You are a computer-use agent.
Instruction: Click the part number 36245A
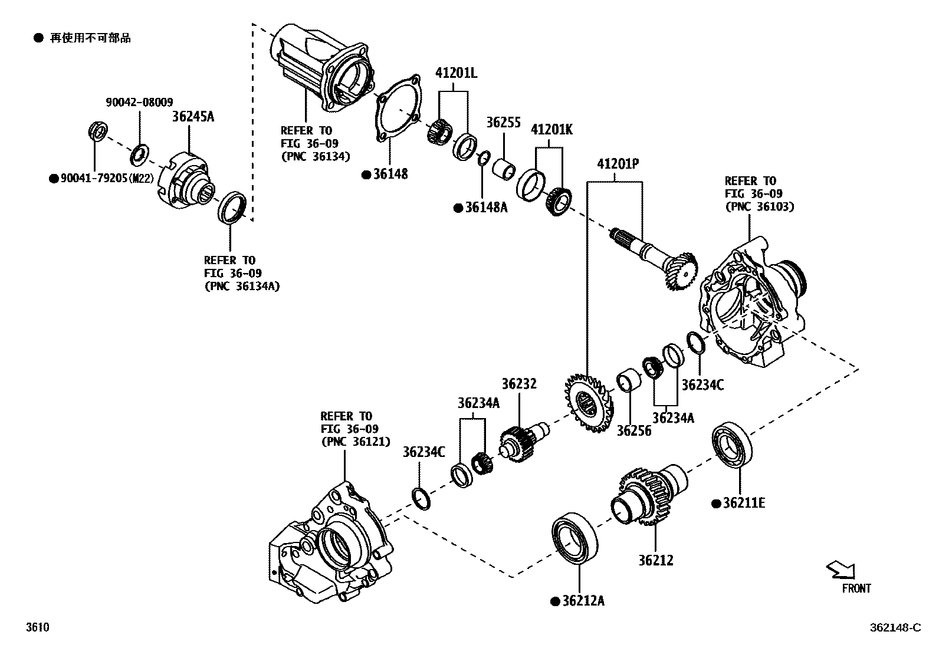pyautogui.click(x=193, y=117)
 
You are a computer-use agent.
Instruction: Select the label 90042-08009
pyautogui.click(x=139, y=102)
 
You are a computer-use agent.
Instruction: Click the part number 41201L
pyautogui.click(x=456, y=73)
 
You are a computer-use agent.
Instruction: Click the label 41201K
pyautogui.click(x=551, y=129)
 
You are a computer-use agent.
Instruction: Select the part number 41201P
pyautogui.click(x=618, y=163)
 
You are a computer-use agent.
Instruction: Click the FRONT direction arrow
pyautogui.click(x=840, y=570)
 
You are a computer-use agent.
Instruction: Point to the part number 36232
pyautogui.click(x=519, y=384)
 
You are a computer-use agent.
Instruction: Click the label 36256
pyautogui.click(x=634, y=431)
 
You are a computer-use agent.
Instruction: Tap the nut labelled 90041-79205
pyautogui.click(x=99, y=131)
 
